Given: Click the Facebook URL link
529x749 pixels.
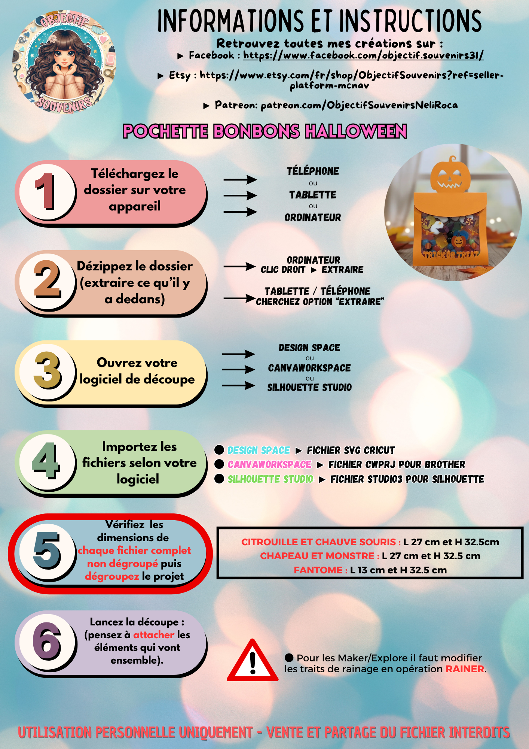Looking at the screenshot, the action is click(363, 55).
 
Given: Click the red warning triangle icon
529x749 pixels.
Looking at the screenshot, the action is click(253, 661).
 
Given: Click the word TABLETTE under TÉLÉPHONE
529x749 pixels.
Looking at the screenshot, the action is click(313, 195).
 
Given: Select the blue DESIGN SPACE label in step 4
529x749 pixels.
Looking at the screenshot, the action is click(259, 450).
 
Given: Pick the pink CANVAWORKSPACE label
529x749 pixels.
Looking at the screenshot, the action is click(269, 464).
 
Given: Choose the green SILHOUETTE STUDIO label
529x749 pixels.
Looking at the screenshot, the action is click(270, 479).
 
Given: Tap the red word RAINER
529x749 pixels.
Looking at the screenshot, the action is click(465, 669).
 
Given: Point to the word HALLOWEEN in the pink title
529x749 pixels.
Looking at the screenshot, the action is click(356, 131).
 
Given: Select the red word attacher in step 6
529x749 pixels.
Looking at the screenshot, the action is click(154, 635).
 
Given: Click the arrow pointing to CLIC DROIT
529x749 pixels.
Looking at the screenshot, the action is click(239, 267).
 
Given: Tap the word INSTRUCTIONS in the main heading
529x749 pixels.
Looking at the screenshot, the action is click(410, 21).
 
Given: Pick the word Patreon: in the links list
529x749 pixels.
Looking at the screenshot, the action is click(236, 105).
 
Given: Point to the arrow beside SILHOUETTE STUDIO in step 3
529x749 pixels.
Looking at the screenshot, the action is click(239, 385).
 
